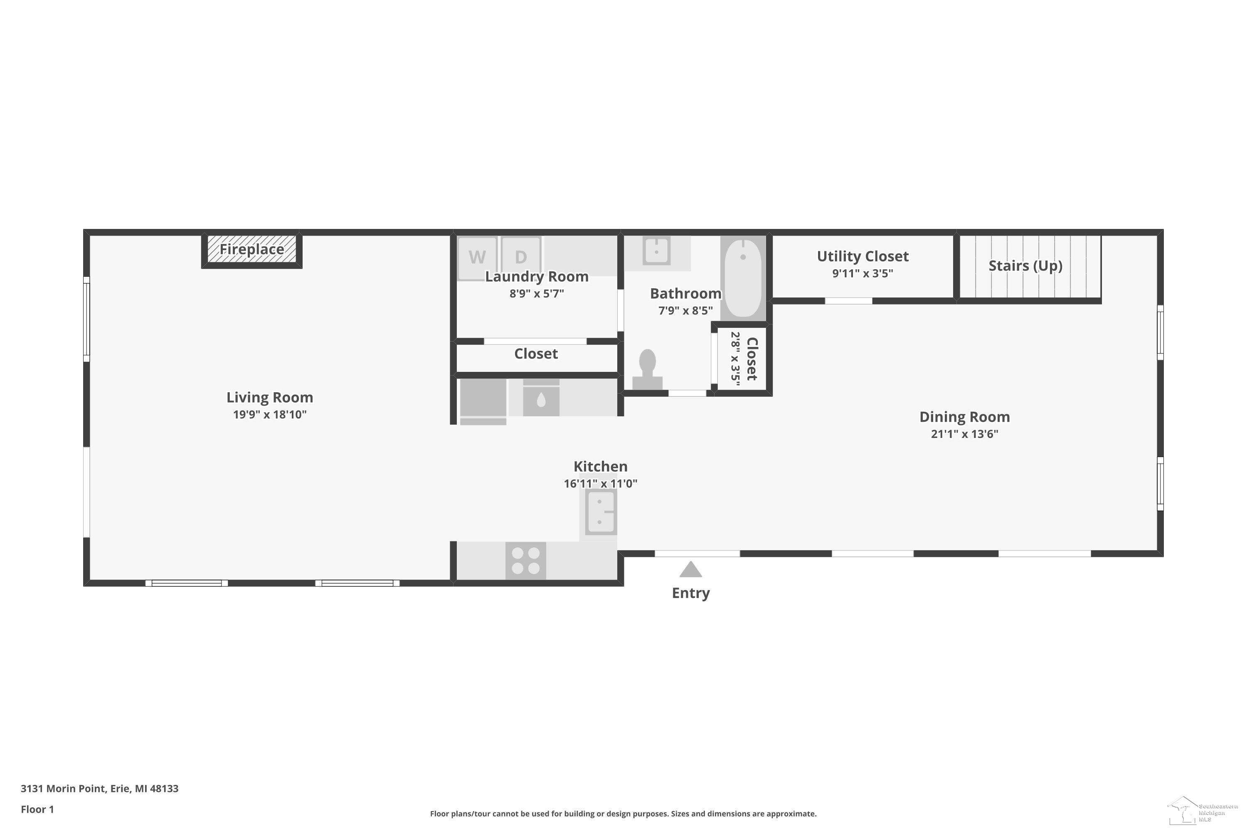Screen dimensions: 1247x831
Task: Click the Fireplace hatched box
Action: pos(252,249)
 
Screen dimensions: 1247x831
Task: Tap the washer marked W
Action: pos(477,258)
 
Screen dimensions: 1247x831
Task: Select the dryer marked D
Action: pos(521,258)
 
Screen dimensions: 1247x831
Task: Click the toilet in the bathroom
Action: pos(647,369)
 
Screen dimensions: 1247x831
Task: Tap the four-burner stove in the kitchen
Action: pos(525,561)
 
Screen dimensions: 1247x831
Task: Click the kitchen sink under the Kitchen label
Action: pos(601,512)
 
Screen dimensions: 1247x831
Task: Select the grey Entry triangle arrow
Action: pos(691,569)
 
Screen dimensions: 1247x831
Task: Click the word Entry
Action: pos(691,593)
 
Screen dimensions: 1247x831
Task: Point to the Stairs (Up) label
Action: pos(1025,266)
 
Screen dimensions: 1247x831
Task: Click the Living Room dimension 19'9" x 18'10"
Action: pos(270,414)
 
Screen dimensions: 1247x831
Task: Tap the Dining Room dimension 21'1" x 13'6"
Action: pos(964,434)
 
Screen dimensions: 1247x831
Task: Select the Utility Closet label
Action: pos(863,256)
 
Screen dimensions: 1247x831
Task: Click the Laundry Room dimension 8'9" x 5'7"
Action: pos(537,294)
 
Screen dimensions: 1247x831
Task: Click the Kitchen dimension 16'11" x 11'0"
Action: pos(600,483)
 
